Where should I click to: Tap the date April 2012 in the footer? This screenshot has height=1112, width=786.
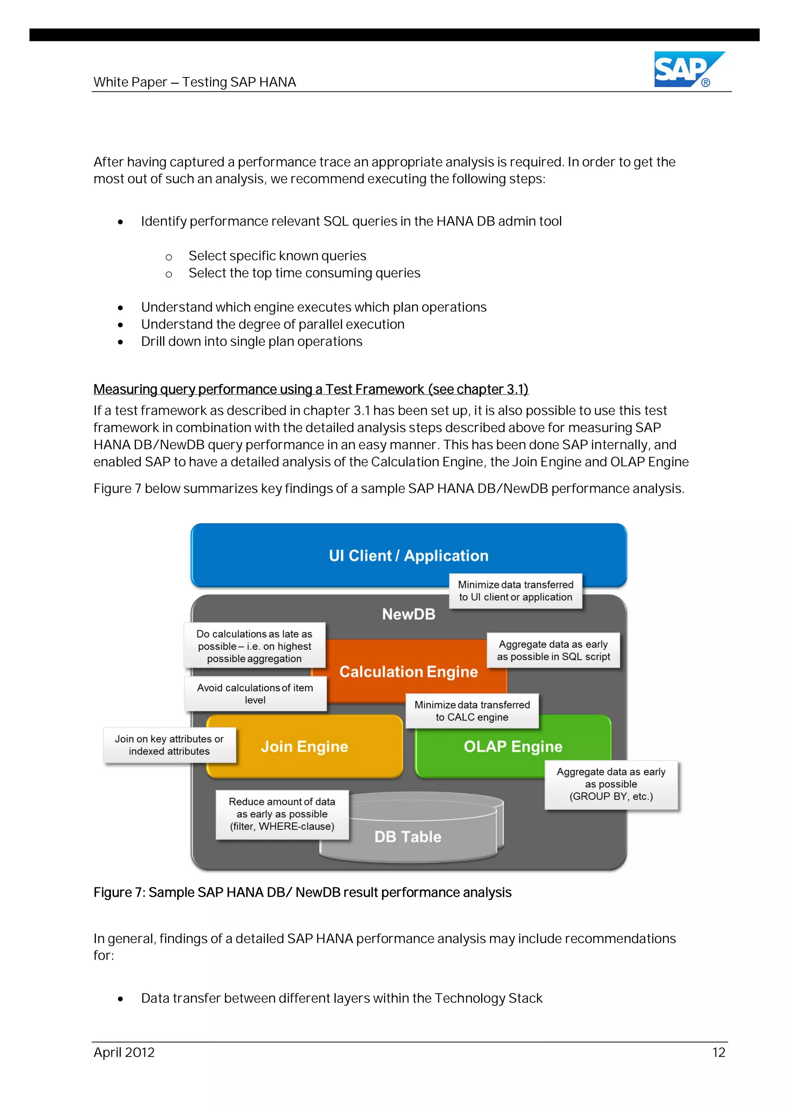(124, 1053)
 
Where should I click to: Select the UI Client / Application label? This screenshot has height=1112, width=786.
(408, 555)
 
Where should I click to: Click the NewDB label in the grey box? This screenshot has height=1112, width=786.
(408, 614)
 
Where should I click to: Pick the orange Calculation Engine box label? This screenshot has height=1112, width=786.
(408, 672)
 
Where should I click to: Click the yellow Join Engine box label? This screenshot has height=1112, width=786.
(304, 746)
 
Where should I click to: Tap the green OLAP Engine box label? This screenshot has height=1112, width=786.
(513, 746)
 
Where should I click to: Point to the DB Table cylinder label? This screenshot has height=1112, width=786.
(408, 836)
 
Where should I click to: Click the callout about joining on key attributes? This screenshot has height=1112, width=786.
(169, 745)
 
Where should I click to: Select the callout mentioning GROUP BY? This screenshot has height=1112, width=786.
(611, 784)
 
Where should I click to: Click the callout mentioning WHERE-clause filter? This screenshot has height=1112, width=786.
(282, 814)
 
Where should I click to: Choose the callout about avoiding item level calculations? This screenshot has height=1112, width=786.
(255, 694)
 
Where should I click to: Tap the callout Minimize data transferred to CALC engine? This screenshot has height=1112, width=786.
(472, 711)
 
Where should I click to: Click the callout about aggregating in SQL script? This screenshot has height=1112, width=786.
(553, 651)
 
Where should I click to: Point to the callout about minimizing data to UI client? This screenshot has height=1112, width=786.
(515, 591)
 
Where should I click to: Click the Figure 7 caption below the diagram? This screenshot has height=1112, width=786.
(302, 892)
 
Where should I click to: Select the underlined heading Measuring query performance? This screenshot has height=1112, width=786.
(310, 389)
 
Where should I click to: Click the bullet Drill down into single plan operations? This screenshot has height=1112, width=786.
(251, 342)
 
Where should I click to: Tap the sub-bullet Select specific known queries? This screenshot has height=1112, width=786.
(277, 256)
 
